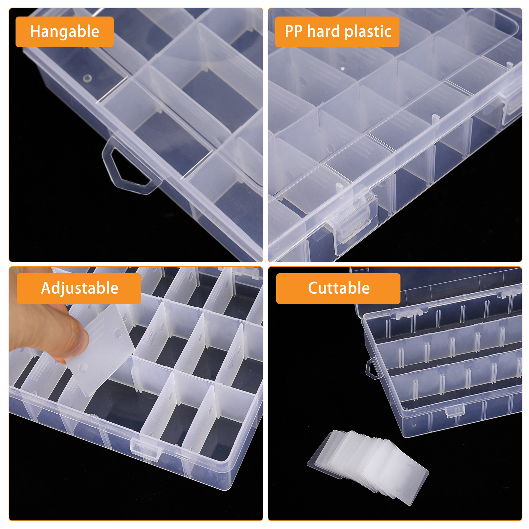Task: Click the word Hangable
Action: tap(64, 32)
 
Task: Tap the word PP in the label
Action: tap(293, 32)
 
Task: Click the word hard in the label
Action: tap(323, 32)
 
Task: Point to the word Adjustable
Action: tap(80, 288)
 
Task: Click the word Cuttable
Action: tap(339, 288)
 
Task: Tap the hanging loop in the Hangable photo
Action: tap(129, 169)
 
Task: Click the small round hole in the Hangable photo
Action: tap(87, 79)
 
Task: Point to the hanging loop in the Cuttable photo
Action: tap(372, 368)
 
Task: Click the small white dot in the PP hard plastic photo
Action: tap(343, 68)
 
